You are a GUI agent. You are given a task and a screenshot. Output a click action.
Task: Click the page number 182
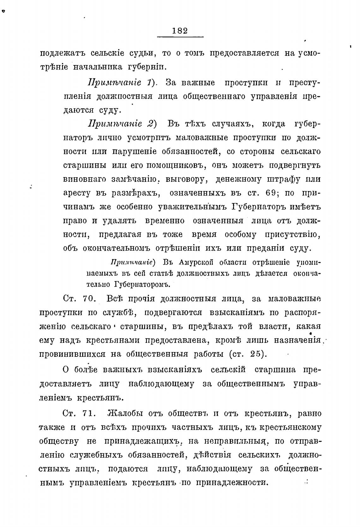click(180, 31)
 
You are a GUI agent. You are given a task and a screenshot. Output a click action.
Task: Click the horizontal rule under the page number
click(180, 37)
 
